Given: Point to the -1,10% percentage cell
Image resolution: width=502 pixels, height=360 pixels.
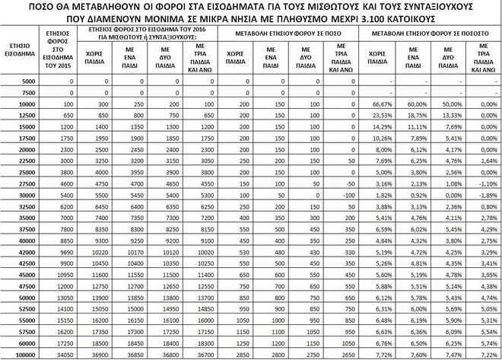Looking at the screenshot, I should (x=480, y=183).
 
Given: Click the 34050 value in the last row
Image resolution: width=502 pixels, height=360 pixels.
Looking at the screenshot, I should (x=64, y=354).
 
